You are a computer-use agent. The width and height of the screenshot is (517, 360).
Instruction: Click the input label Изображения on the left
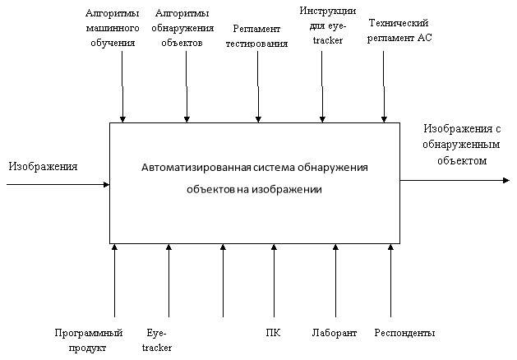tap(43, 167)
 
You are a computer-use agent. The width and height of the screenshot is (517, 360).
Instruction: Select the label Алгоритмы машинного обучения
tap(113, 28)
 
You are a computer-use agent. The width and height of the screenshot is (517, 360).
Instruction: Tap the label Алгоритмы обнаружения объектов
tap(182, 28)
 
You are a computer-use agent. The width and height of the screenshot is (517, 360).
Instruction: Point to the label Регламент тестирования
tap(256, 36)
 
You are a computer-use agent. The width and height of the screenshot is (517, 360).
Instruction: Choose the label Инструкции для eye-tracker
tap(328, 25)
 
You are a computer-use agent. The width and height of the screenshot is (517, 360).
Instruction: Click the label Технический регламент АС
tap(399, 30)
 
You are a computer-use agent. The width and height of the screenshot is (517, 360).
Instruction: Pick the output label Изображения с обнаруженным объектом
tap(462, 145)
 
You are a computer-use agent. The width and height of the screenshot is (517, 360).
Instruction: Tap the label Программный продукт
tap(89, 340)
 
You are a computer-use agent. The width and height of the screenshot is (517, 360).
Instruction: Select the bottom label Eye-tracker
tap(157, 340)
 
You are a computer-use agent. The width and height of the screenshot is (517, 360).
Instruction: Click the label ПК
tap(273, 333)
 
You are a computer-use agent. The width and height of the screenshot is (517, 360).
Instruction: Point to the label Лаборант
tap(335, 333)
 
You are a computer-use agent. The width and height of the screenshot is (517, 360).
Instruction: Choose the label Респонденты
tap(404, 333)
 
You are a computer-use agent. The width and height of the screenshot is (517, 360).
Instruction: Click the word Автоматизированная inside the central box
tap(196, 168)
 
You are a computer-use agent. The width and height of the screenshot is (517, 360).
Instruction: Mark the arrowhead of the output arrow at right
tap(505, 180)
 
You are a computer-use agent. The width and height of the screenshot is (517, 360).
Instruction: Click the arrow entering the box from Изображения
tap(58, 184)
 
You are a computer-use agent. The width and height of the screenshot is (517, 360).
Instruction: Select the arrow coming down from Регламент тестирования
tap(258, 86)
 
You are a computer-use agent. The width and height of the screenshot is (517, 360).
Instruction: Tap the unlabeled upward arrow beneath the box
tap(223, 280)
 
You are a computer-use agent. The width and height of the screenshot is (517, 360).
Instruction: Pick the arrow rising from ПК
tap(274, 280)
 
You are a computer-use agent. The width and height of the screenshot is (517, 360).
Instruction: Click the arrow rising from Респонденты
tap(390, 280)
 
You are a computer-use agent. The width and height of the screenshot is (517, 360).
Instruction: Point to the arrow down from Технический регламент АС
tap(384, 86)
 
